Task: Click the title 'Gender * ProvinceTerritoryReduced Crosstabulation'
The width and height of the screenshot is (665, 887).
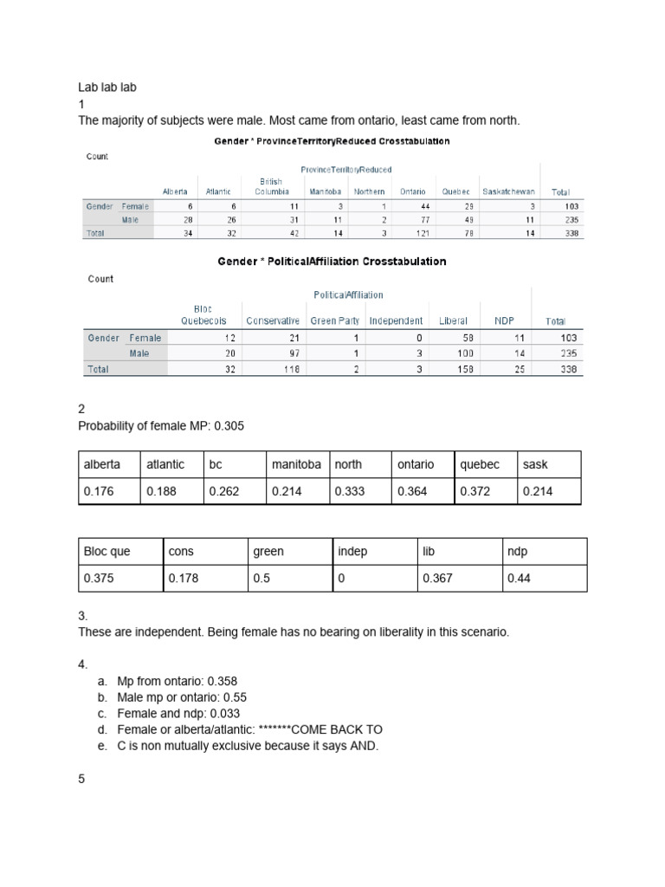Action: pyautogui.click(x=332, y=140)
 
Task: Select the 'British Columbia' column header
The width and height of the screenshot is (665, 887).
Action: pyautogui.click(x=272, y=186)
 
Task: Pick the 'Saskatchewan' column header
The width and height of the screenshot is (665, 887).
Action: pyautogui.click(x=508, y=191)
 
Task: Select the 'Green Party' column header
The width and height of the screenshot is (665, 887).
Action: pyautogui.click(x=335, y=320)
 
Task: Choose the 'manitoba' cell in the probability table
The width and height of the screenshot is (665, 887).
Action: pyautogui.click(x=296, y=464)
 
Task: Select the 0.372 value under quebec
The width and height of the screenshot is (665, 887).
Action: pyautogui.click(x=475, y=491)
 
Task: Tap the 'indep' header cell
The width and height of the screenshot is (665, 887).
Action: pyautogui.click(x=353, y=552)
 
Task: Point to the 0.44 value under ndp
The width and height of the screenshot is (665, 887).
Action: pyautogui.click(x=518, y=578)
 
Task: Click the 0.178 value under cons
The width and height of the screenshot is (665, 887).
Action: pyautogui.click(x=184, y=578)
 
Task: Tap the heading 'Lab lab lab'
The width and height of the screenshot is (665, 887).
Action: pyautogui.click(x=107, y=87)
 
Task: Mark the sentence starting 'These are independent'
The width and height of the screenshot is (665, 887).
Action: pyautogui.click(x=294, y=631)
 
